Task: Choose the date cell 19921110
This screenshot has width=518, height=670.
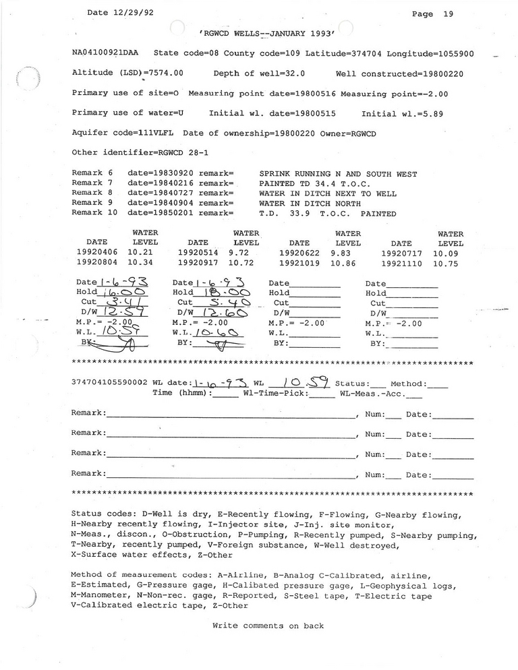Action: click(401, 264)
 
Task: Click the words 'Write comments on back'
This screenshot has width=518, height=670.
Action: click(268, 626)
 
